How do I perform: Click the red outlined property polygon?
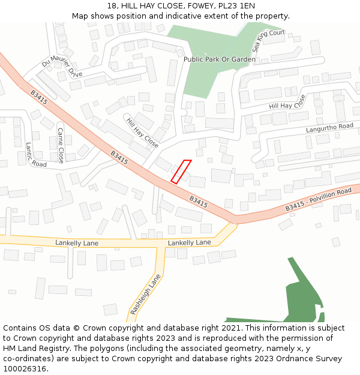pos(181,171)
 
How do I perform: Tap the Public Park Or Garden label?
pos(220,59)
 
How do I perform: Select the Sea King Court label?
pos(268,41)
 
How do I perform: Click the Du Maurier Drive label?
pos(62,68)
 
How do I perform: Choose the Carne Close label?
pos(61,145)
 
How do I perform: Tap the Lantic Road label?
pos(35,155)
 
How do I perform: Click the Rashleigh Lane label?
pos(146,295)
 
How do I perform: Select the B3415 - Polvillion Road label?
pos(318,200)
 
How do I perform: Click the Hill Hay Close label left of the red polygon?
pos(142,133)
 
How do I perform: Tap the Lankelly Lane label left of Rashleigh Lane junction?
pos(77,243)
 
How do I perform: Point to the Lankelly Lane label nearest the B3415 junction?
pos(190,242)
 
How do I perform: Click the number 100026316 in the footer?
pos(25,368)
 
